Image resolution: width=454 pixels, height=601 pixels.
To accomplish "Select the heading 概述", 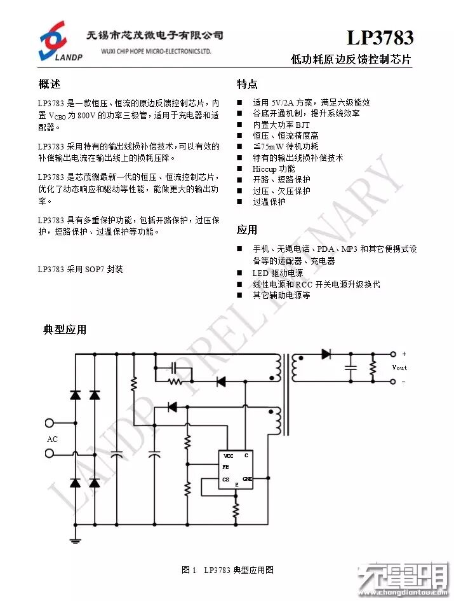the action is point(50,85).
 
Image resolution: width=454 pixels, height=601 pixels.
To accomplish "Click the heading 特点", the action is point(247,85).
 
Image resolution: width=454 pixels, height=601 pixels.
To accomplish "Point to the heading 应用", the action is point(247,230).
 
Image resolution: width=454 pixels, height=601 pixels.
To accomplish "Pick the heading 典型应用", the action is point(65,329).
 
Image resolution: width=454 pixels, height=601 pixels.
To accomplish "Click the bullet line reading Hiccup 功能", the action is point(274,169).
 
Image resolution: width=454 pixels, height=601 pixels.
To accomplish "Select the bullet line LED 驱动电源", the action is point(277,273).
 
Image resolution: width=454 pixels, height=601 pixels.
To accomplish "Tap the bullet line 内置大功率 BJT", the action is point(281,125).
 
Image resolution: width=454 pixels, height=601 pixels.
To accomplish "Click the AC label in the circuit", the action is point(52,439).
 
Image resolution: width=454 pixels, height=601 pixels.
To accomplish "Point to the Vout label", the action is point(399,368).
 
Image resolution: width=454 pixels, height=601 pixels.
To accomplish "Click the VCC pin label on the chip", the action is point(228,456).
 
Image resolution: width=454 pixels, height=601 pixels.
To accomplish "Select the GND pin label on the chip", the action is point(247,478).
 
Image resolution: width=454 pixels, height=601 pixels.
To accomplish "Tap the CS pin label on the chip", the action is point(226,479).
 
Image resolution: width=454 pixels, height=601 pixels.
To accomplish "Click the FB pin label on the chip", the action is point(225,467).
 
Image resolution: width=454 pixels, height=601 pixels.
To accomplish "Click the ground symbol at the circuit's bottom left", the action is point(76,540).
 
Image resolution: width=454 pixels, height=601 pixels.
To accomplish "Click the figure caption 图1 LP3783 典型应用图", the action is point(227,570).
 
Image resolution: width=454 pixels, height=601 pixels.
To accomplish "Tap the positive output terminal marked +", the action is point(393,354).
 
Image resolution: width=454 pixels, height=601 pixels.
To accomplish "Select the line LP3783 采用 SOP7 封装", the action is point(80,269).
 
